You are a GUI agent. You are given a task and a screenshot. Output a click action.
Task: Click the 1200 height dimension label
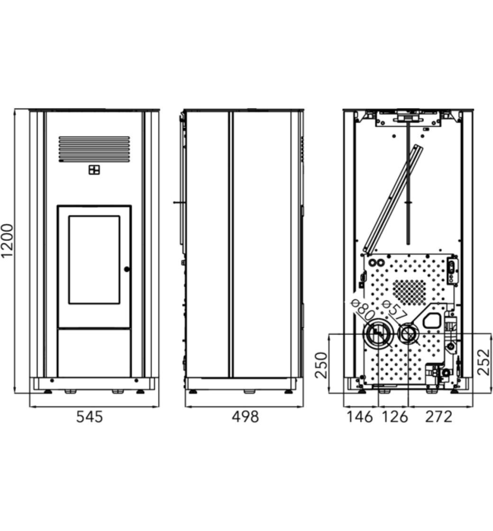(x=8, y=240)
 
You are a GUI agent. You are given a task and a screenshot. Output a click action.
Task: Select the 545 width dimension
(x=90, y=417)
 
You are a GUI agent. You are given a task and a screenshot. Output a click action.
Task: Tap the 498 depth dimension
(x=245, y=417)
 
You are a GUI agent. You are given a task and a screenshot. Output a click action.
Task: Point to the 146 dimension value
(x=359, y=417)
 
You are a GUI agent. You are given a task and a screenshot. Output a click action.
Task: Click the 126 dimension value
(x=395, y=417)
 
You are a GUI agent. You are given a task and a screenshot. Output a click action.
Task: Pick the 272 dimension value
(x=439, y=417)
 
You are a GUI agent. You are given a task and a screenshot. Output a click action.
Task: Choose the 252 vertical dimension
(x=484, y=362)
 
